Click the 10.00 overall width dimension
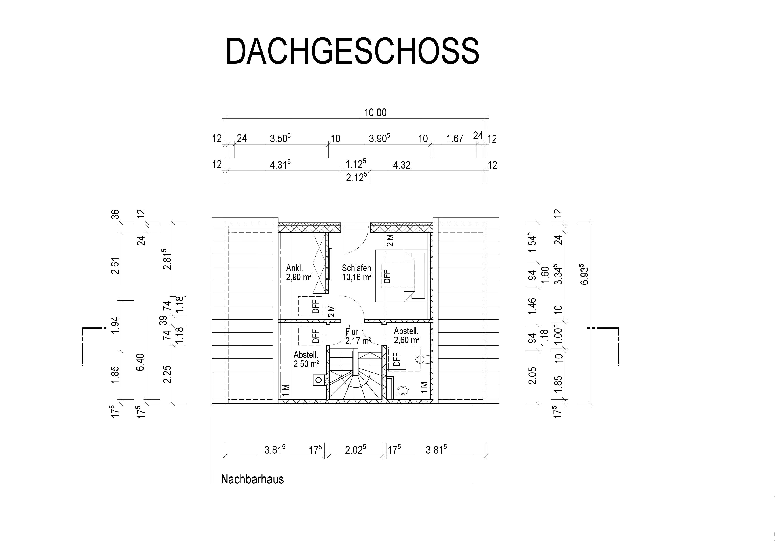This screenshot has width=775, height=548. coord(375,112)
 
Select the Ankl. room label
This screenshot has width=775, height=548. coord(294,268)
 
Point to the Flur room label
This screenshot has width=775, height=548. coord(352,332)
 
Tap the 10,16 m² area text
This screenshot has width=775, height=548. coord(356,277)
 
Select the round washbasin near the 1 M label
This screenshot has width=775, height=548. coord(403,391)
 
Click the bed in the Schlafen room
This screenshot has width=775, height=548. coord(402,276)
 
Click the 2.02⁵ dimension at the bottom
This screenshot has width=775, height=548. coord(355,450)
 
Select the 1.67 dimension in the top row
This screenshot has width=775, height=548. coord(455,139)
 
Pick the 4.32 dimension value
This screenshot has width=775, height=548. coord(402,165)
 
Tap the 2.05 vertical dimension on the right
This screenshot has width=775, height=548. coord(532,375)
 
